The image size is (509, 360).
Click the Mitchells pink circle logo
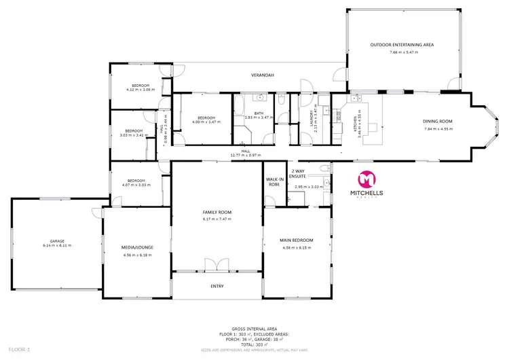[x=366, y=179]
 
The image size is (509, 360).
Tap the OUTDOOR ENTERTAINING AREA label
[x=402, y=45]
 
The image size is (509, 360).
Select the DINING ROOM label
[x=437, y=121]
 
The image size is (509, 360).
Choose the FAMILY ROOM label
[x=216, y=212]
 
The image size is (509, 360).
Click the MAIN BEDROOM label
[x=297, y=240]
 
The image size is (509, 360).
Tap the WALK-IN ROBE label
[x=274, y=181]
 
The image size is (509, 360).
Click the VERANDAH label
[x=262, y=75]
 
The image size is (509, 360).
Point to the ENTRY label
[x=216, y=286]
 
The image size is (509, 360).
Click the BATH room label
[x=258, y=113]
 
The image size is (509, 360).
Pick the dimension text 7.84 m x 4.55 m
[x=437, y=128]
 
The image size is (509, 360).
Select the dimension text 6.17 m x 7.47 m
[x=216, y=219]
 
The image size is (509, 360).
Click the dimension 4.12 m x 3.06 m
[x=140, y=89]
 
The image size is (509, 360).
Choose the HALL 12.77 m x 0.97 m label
[x=245, y=151]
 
